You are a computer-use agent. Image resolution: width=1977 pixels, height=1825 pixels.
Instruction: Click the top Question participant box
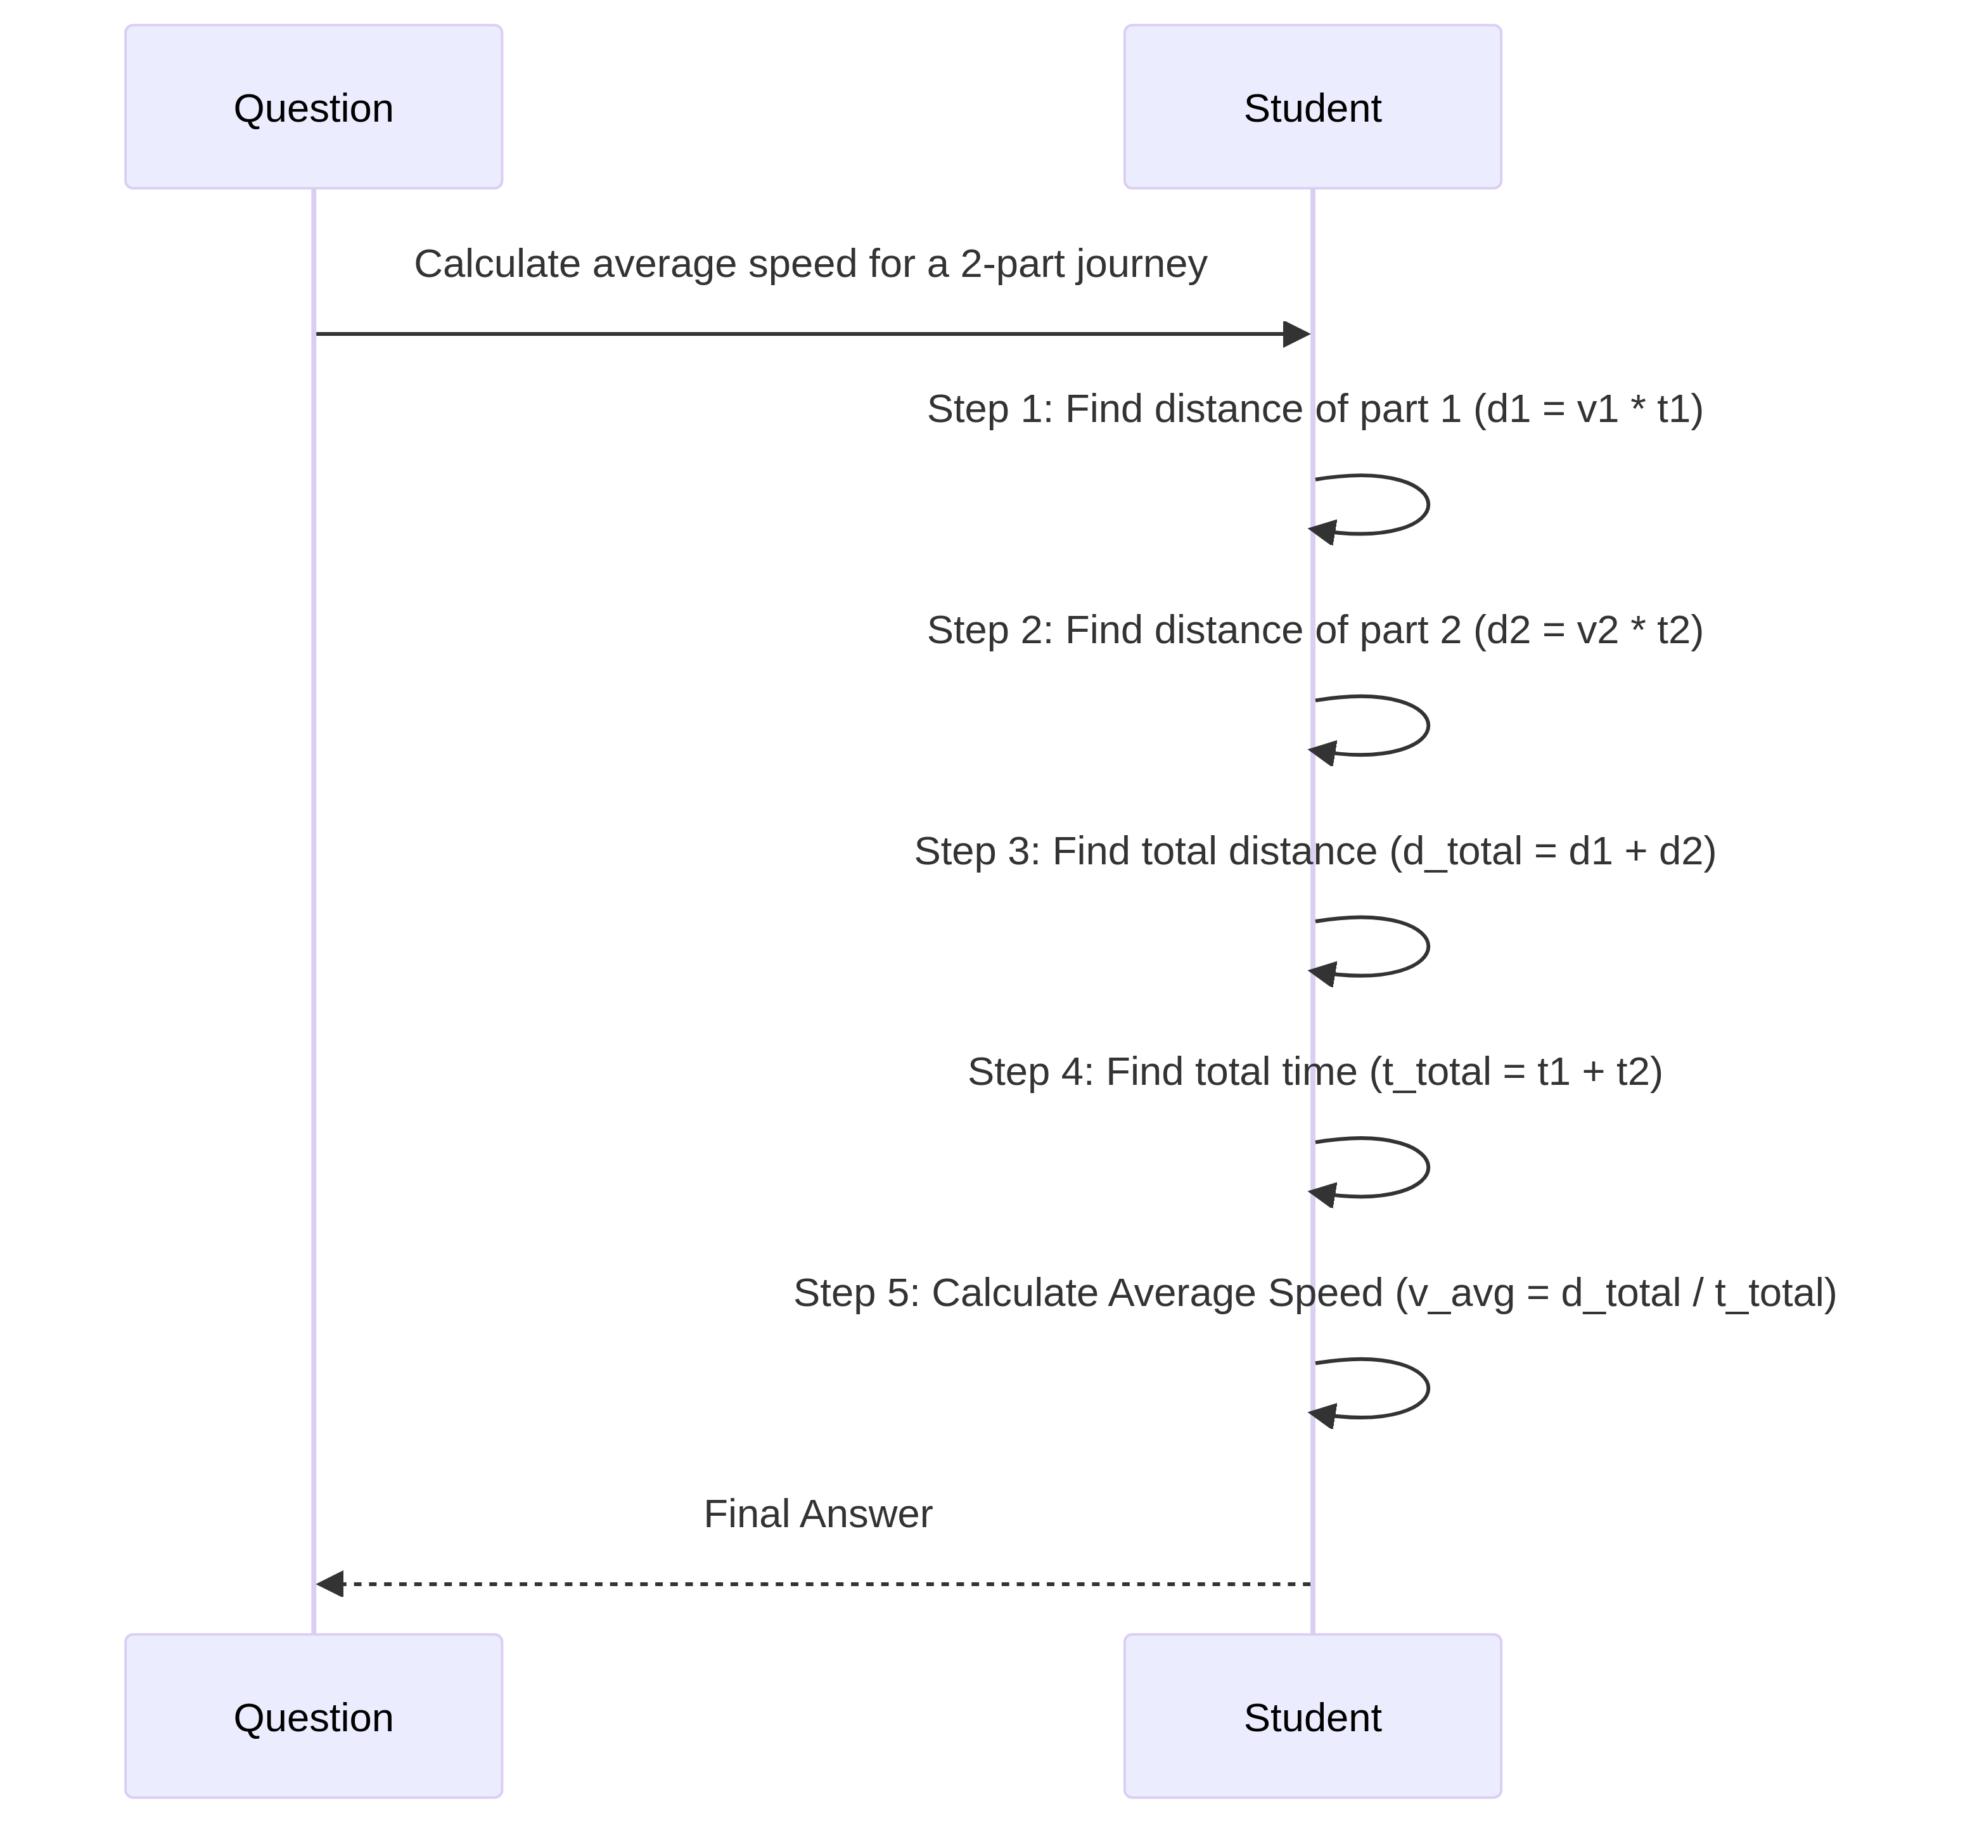pos(313,106)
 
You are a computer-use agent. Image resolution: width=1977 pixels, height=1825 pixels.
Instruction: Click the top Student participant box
pos(1312,106)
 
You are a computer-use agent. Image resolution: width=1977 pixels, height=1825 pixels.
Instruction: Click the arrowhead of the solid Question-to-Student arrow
pos(1296,334)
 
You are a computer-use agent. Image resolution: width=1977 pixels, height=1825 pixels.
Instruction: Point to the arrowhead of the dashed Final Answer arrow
pos(330,1584)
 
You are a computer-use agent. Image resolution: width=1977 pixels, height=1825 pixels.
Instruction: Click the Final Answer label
pos(817,1514)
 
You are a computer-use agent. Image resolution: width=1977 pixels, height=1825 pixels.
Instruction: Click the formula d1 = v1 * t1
pos(1588,409)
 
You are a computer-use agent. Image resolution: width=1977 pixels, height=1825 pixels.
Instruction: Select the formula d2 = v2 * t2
pos(1588,630)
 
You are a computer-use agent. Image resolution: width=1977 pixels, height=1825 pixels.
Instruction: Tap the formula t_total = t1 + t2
pos(1515,1072)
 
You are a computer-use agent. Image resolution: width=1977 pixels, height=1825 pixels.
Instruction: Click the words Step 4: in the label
pos(1030,1072)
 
